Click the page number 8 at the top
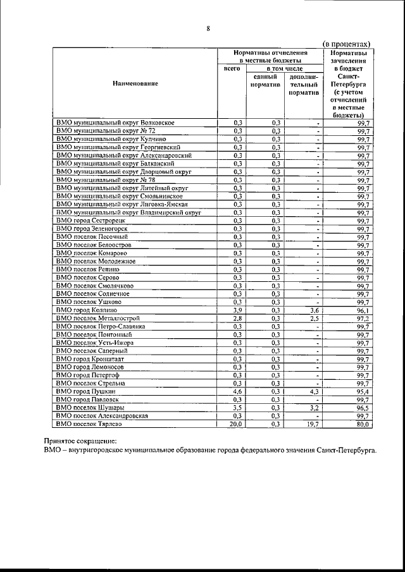pyautogui.click(x=208, y=28)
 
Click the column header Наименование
pyautogui.click(x=136, y=83)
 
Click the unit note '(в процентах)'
pyautogui.click(x=346, y=44)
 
